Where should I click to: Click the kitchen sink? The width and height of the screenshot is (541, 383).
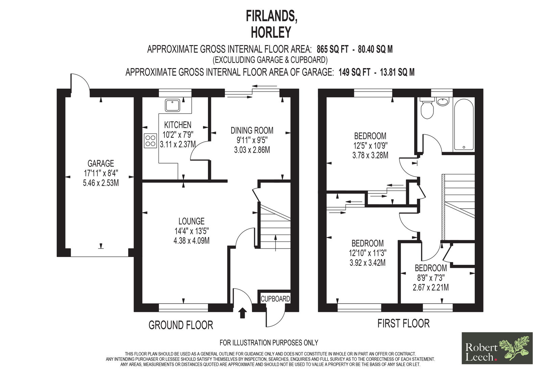point(172,105)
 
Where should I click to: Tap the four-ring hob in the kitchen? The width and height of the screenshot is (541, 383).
point(150,141)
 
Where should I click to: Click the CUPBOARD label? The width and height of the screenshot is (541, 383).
point(275,299)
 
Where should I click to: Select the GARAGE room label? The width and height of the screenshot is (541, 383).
point(101,164)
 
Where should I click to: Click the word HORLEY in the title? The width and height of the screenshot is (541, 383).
point(271,33)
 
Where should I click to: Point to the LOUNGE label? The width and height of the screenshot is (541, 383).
point(191,221)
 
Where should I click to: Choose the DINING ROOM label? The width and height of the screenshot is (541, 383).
point(252,130)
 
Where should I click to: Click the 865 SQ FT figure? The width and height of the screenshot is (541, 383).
point(333,49)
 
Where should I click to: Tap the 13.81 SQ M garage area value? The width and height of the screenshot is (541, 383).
point(397,72)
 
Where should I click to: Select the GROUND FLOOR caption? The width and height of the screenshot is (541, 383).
point(181,325)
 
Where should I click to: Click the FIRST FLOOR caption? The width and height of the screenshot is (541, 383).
point(404,323)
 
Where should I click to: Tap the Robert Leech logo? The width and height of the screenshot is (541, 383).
point(497,348)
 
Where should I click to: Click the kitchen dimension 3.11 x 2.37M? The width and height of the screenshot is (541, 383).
point(178,145)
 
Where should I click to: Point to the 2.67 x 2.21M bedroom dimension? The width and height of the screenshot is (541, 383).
point(431,288)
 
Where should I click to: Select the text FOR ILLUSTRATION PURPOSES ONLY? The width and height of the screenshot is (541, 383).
point(269,343)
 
